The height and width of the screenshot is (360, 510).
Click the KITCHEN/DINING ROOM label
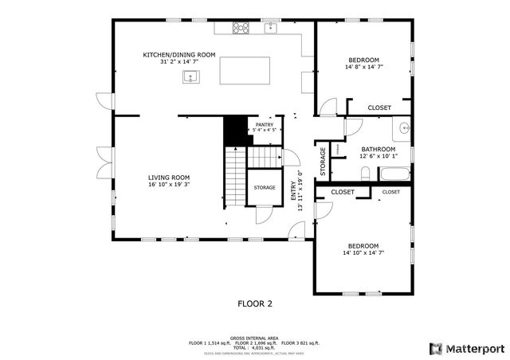pos(179,54)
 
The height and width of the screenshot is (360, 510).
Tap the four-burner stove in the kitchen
pos(240,28)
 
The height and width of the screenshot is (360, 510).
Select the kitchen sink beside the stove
pos(270,28)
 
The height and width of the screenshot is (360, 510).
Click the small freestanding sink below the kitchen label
pos(190,76)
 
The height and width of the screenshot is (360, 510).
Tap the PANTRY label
pos(265,124)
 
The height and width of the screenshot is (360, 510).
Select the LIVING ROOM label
pos(168,177)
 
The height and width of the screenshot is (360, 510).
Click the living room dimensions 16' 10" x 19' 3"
pos(168,185)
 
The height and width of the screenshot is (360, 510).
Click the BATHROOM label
pos(378,149)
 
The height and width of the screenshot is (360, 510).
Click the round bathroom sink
pos(403,127)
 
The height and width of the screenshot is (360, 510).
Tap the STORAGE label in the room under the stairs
pos(265,187)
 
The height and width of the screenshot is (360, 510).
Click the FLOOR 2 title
pos(255,303)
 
